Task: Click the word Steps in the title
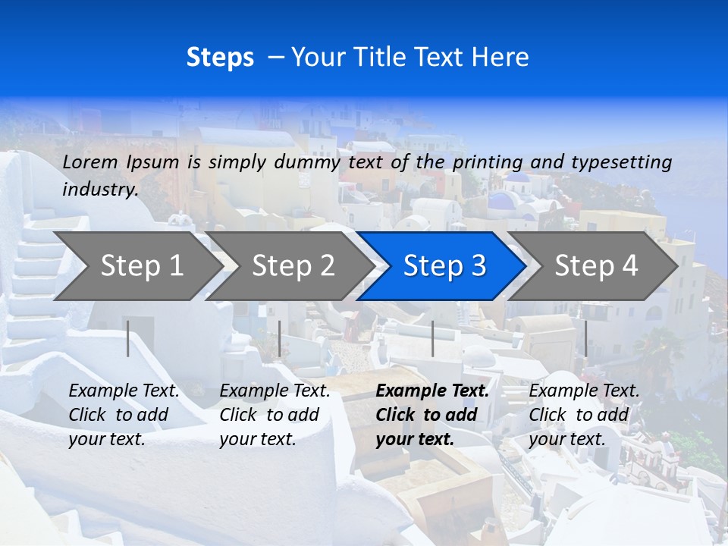[x=220, y=58]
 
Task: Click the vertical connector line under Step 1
[x=128, y=338]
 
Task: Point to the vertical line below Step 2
[x=280, y=338]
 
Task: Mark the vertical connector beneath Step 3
[x=432, y=338]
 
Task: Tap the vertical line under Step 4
[x=585, y=338]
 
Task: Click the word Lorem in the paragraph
[x=90, y=162]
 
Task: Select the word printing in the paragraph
[x=487, y=162]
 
